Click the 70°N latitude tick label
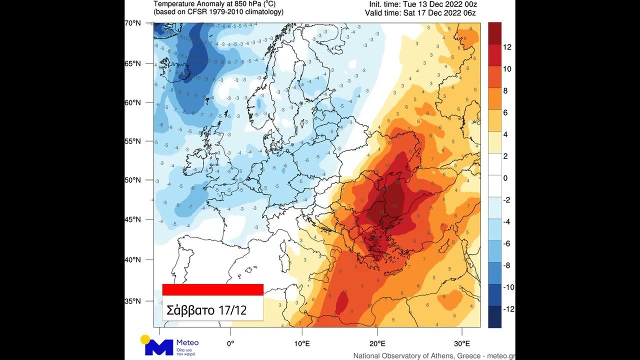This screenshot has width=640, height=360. (x=133, y=23)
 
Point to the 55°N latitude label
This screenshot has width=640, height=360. (x=133, y=141)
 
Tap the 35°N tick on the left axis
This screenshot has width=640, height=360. (x=133, y=301)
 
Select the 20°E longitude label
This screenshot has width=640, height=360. (x=377, y=343)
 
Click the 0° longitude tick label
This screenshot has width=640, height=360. (x=230, y=343)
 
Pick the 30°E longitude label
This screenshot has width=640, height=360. (x=461, y=343)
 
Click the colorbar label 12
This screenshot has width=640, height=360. (x=507, y=47)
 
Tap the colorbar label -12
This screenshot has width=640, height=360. (x=508, y=309)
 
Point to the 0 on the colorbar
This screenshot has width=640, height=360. (x=505, y=178)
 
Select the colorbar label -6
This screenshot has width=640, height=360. (x=506, y=243)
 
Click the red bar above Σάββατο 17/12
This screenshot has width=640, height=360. (x=212, y=289)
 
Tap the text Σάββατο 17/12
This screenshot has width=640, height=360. (x=206, y=310)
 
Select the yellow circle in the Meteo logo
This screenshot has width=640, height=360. (x=145, y=339)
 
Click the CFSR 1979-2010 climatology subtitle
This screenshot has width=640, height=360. (x=218, y=12)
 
